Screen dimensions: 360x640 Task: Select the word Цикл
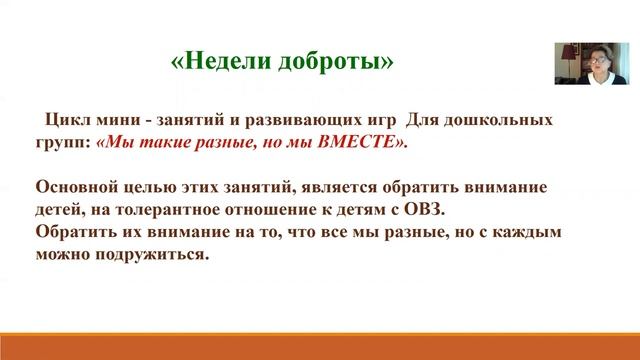tap(69, 121)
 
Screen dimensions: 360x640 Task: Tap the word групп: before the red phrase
tap(64, 143)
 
